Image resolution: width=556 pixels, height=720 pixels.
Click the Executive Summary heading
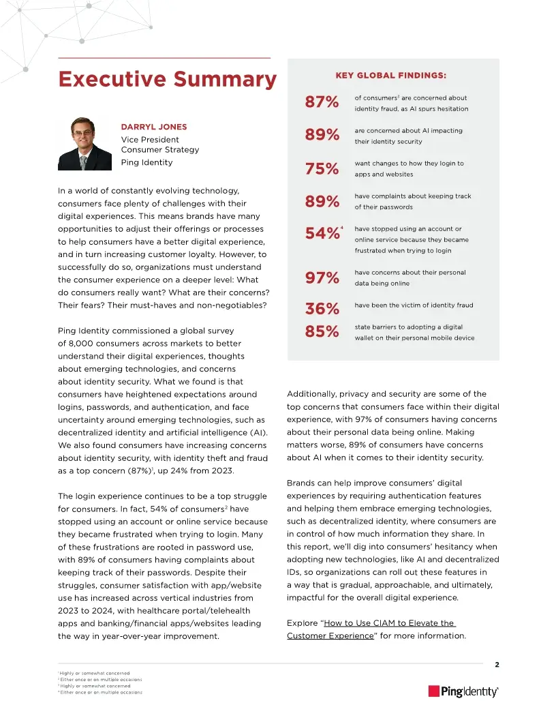coord(167,80)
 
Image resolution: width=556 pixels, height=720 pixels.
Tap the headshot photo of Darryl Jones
coord(84,144)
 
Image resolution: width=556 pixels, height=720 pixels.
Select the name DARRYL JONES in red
coord(154,127)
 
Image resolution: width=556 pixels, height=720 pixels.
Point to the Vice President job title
coord(150,140)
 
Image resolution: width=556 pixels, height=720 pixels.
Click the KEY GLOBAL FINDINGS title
coord(391,76)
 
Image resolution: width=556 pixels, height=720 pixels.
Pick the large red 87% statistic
coord(322,103)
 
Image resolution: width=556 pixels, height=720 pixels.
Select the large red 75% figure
coord(322,169)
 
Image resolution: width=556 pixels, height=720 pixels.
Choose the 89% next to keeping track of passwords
coord(322,202)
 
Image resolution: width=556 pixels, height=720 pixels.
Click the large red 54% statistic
coord(322,235)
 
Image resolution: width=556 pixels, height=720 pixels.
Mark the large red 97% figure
coord(322,277)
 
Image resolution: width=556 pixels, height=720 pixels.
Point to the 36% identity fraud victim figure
coord(322,309)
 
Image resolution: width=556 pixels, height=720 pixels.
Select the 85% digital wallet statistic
coord(322,332)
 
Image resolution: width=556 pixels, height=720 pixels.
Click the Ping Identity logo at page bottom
coord(463,691)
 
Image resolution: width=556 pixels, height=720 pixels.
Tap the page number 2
coord(497,665)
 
